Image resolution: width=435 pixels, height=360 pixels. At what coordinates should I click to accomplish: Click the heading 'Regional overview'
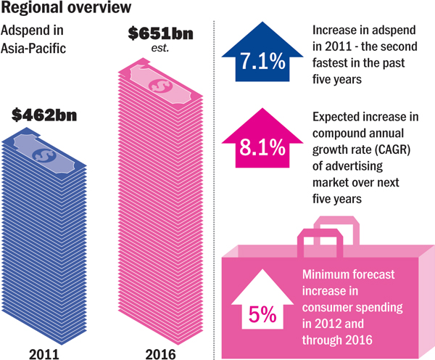(65, 9)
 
